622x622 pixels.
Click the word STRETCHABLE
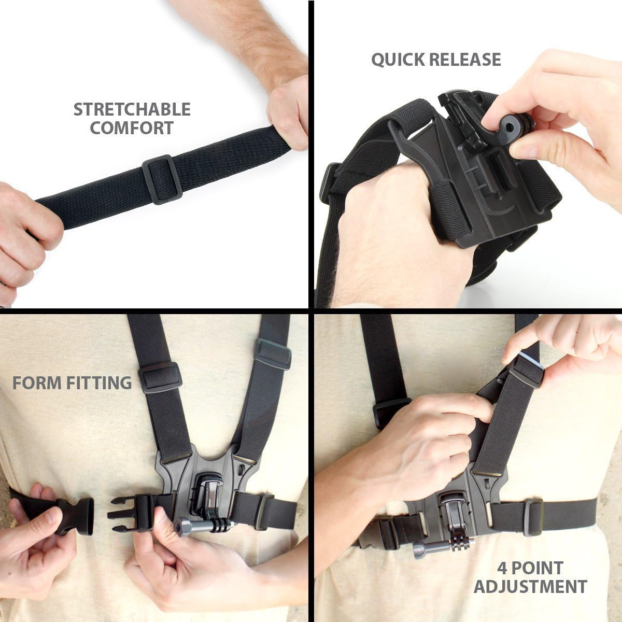132,109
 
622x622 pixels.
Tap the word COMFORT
132,128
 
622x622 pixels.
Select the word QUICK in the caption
397,60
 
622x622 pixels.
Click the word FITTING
100,383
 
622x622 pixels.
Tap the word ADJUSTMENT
530,586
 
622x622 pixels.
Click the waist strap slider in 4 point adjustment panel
533,517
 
